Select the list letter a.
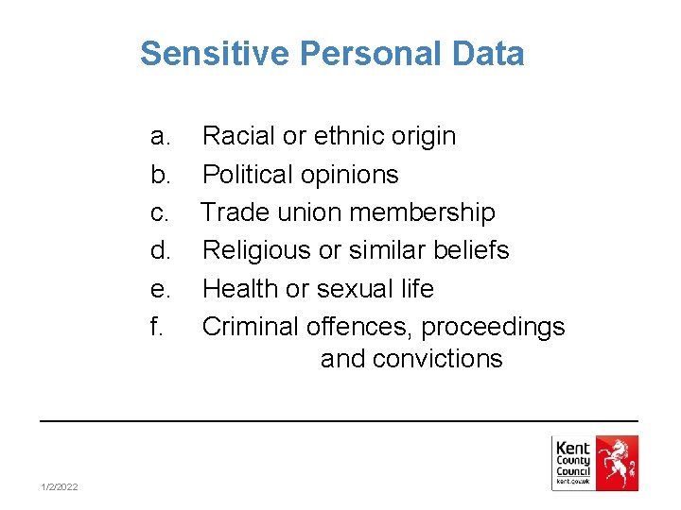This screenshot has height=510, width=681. [x=161, y=137]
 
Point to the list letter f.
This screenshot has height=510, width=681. [x=157, y=326]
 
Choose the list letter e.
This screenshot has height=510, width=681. [x=161, y=288]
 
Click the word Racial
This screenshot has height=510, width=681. [x=239, y=137]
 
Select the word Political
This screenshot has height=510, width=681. [x=249, y=175]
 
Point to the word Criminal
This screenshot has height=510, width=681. [x=251, y=326]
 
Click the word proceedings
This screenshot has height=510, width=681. [x=493, y=327]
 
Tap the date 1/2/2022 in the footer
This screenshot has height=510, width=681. [x=60, y=486]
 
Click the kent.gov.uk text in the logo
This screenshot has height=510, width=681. [x=573, y=482]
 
